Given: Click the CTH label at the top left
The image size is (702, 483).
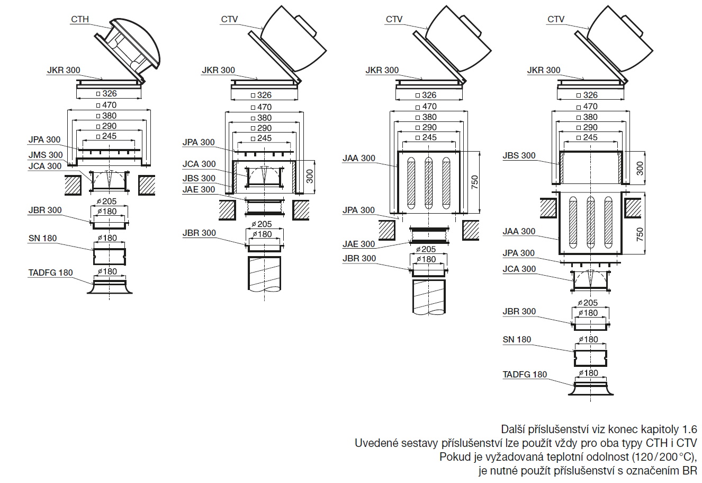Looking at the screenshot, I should (x=80, y=20).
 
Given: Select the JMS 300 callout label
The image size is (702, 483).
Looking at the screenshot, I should (x=44, y=155).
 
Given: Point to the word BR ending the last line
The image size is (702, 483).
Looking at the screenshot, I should (x=689, y=470).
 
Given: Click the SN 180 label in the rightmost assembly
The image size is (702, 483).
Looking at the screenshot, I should (x=517, y=340).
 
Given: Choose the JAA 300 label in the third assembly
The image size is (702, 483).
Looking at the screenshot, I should (x=358, y=158).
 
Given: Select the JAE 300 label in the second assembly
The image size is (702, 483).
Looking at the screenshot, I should (x=199, y=190).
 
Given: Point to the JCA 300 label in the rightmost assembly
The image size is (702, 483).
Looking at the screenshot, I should (x=519, y=269).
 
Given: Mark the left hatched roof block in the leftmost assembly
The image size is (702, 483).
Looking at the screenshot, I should (x=74, y=185).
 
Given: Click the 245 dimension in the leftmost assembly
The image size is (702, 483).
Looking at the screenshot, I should (x=110, y=136).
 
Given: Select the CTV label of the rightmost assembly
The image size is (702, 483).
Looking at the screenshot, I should (x=556, y=20).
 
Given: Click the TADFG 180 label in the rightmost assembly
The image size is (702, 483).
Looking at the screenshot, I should (x=525, y=375).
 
